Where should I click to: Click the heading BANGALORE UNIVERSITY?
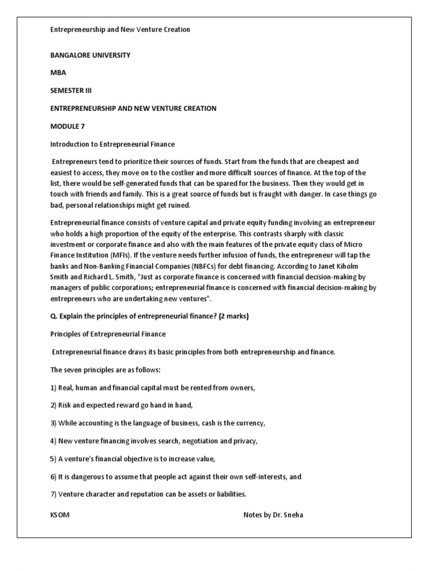90,55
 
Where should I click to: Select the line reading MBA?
58,73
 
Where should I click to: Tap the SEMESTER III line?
74,91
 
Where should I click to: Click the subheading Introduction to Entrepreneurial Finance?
113,144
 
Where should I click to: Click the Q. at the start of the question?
54,317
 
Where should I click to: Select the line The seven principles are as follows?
105,370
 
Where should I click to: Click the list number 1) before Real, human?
54,388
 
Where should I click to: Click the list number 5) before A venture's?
54,459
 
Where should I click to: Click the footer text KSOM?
60,515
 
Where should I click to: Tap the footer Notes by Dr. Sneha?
273,515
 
